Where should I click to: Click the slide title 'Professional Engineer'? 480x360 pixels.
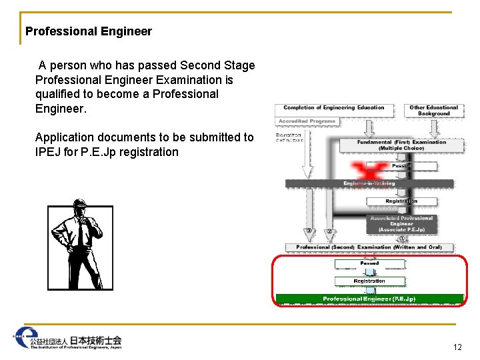[x=89, y=31]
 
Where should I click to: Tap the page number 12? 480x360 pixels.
[x=457, y=347]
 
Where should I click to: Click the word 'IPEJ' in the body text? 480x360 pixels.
[x=48, y=152]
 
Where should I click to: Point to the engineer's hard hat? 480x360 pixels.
[x=81, y=204]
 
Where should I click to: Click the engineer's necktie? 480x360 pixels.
[x=79, y=234]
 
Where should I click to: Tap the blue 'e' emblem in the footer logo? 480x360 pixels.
[x=27, y=336]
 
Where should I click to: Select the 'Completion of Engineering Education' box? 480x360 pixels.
[x=334, y=108]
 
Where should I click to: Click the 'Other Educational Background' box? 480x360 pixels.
[x=434, y=110]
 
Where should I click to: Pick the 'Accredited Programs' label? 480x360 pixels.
[x=307, y=121]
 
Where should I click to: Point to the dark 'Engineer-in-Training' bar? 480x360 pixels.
[x=369, y=183]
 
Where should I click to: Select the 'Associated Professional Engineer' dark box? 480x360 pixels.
[x=401, y=224]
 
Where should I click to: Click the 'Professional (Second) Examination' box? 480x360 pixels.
[x=369, y=247]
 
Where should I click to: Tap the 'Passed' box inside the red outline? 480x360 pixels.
[x=369, y=263]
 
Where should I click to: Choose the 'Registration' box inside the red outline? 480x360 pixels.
[x=369, y=281]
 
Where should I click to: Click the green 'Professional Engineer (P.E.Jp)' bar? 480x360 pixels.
[x=369, y=299]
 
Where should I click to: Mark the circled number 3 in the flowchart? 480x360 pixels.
[x=309, y=231]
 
